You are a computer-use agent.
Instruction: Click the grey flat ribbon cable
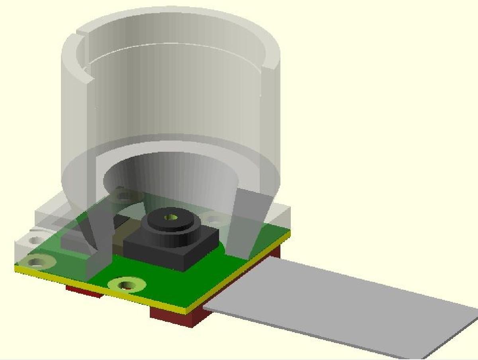coord(339,303)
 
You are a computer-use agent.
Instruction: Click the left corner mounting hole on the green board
coord(37,262)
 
